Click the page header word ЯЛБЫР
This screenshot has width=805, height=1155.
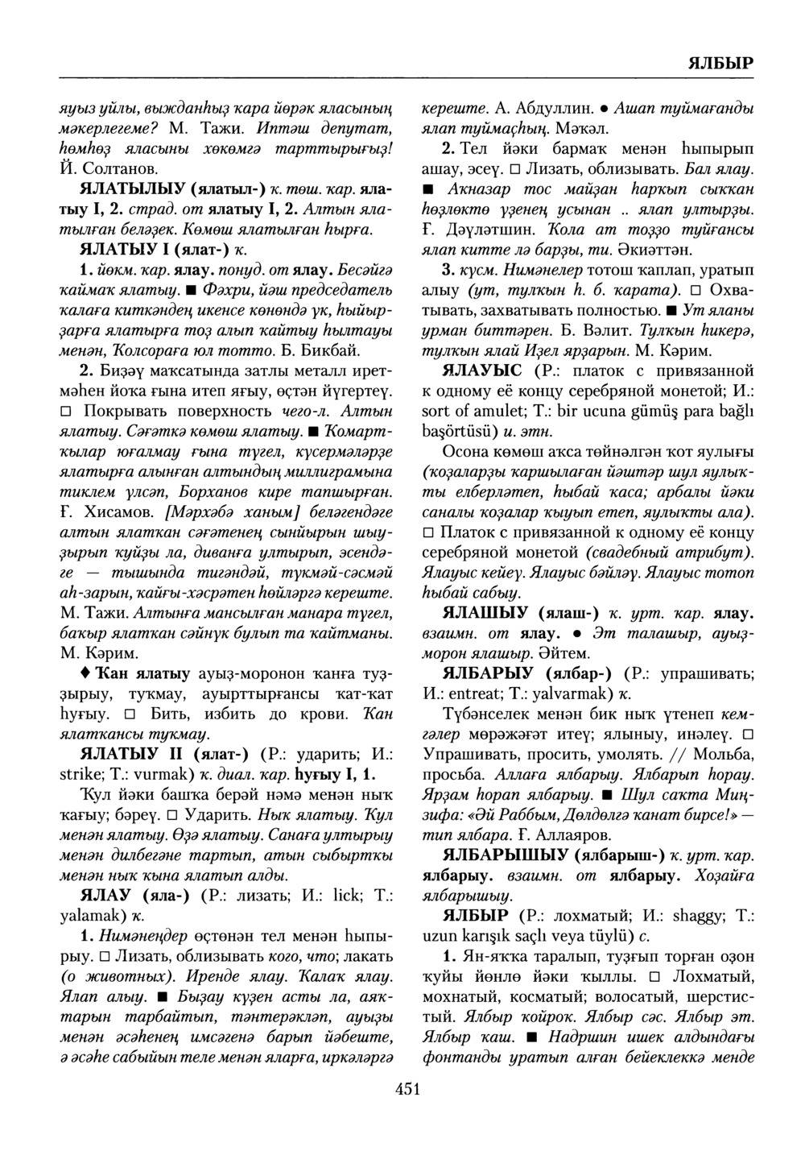click(720, 63)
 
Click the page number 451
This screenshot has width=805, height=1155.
click(408, 1090)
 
